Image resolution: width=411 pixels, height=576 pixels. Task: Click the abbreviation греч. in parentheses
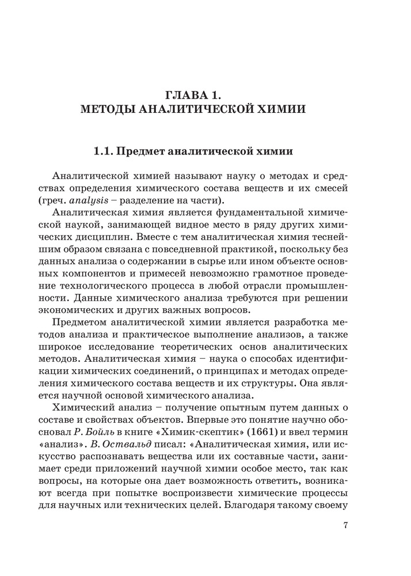tap(70, 200)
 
